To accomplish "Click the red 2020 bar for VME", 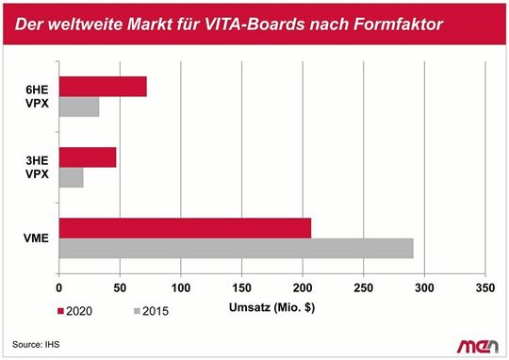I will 185,228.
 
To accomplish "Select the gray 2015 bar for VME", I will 236,248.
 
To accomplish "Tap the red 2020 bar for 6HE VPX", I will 103,87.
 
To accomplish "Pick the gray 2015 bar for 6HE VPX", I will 79,107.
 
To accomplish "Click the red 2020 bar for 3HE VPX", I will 88,157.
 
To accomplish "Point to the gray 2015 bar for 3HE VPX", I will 72,177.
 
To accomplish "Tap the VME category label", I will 36,238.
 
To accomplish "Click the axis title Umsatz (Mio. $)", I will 272,307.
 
